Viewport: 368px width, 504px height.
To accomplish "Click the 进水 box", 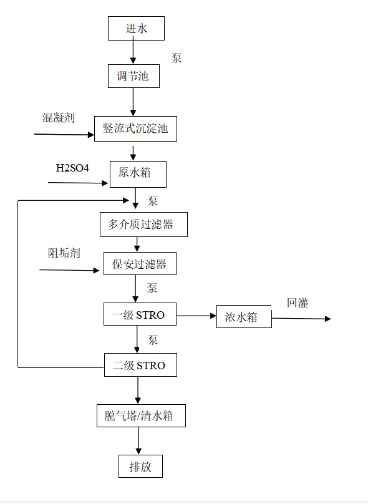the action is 136,28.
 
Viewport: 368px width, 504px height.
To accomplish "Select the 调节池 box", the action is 133,76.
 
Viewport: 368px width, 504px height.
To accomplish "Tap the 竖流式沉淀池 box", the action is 135,128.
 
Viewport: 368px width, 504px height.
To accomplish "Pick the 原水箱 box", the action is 138,174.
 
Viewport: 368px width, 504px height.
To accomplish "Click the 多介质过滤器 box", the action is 143,225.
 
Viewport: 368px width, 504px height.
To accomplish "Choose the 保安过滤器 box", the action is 140,264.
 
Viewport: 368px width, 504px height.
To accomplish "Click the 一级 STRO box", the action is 140,314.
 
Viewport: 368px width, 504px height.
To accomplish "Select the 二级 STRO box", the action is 140,365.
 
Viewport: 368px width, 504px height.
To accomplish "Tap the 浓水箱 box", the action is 244,317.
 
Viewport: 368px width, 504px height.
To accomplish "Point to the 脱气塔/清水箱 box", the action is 141,415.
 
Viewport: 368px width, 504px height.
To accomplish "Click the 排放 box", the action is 140,466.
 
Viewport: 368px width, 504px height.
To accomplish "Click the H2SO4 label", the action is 72,168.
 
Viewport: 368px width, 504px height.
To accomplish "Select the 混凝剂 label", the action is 59,118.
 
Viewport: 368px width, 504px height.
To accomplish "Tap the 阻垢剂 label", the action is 64,253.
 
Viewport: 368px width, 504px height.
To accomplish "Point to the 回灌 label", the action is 298,303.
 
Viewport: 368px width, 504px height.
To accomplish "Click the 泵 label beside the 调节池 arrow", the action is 176,58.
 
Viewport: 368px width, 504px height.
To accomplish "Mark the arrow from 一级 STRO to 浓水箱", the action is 196,316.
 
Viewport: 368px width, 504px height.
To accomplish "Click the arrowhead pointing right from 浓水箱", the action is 328,319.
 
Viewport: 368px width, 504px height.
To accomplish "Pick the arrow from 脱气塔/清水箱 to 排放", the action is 138,441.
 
